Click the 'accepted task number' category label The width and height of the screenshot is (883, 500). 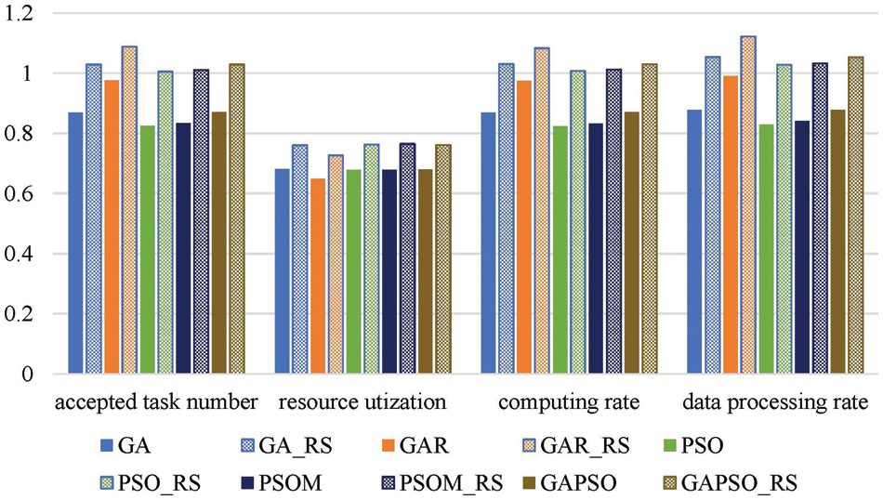(x=154, y=402)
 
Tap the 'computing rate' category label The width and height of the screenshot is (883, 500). (x=568, y=402)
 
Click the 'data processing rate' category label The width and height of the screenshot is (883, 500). (x=774, y=402)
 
